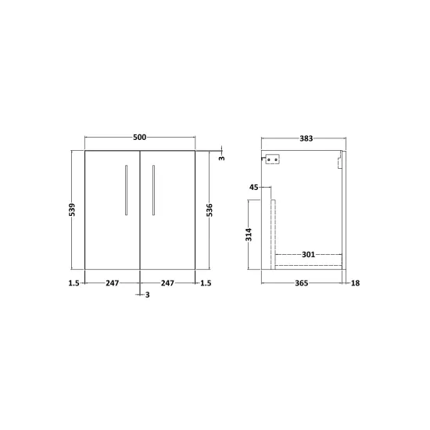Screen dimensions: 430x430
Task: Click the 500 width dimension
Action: pyautogui.click(x=140, y=137)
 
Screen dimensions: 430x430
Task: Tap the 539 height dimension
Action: pyautogui.click(x=72, y=210)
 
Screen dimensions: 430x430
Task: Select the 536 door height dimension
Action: pyautogui.click(x=210, y=210)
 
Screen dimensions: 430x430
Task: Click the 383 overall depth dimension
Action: pyautogui.click(x=306, y=138)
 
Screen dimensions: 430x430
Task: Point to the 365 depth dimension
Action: pyautogui.click(x=301, y=283)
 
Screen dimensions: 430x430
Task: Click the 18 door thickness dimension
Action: pyautogui.click(x=355, y=283)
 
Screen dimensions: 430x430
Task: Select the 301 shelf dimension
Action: pyautogui.click(x=308, y=255)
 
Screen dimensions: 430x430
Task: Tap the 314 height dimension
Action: pyautogui.click(x=249, y=235)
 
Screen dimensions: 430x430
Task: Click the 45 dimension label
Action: pyautogui.click(x=253, y=188)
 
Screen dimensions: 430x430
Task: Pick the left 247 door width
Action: pyautogui.click(x=113, y=283)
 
